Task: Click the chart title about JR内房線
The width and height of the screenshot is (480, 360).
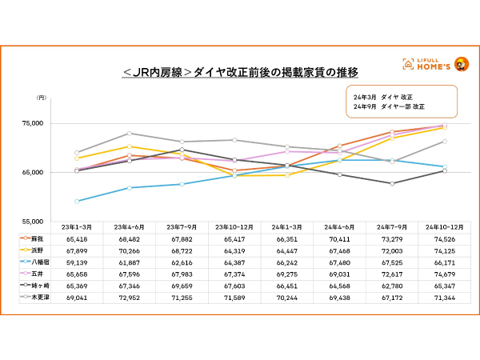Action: pyautogui.click(x=239, y=71)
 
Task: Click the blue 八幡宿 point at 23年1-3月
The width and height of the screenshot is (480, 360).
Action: pyautogui.click(x=78, y=201)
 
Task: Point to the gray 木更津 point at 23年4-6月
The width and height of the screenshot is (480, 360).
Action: pyautogui.click(x=130, y=134)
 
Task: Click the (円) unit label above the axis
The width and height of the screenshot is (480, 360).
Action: pyautogui.click(x=42, y=98)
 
